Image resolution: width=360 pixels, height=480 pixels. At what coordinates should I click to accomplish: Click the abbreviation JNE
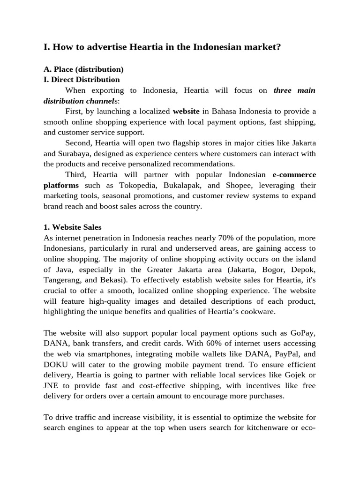[51, 385]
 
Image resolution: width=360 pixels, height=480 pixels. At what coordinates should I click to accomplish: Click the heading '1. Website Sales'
[72, 227]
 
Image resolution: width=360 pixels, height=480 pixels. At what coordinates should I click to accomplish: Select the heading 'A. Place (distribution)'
[83, 69]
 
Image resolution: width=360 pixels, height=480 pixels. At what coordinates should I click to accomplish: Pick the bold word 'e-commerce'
[294, 175]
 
